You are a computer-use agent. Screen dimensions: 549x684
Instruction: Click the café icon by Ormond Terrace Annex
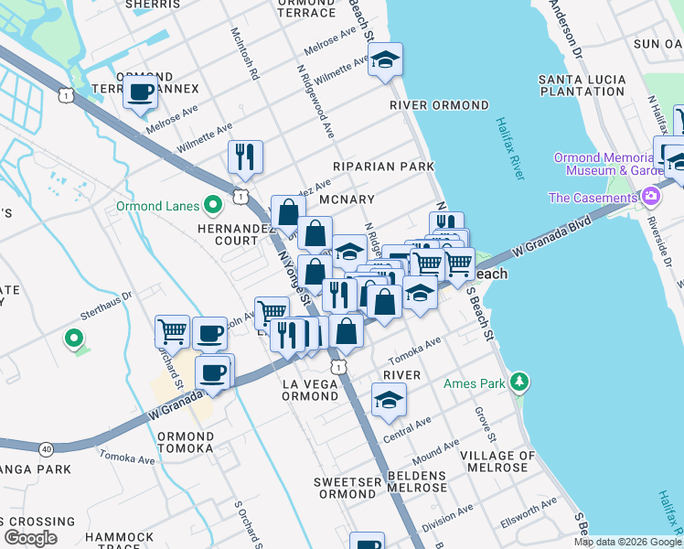[x=141, y=92]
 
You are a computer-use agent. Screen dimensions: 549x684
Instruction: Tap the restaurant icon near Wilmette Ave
[x=244, y=157]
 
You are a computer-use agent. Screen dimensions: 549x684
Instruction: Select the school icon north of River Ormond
[x=386, y=61]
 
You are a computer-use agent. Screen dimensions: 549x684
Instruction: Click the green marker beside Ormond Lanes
[x=213, y=205]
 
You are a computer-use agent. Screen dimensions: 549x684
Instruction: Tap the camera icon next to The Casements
[x=650, y=197]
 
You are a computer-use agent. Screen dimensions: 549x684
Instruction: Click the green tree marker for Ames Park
[x=519, y=380]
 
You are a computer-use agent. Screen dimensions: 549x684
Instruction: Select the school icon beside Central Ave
[x=389, y=401]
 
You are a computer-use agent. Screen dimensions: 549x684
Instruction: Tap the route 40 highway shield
[x=46, y=448]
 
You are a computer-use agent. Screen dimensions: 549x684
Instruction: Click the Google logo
[x=30, y=538]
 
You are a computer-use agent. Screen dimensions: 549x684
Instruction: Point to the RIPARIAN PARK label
[x=383, y=167]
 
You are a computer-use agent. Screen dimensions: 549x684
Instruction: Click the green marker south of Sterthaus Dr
[x=73, y=339]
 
